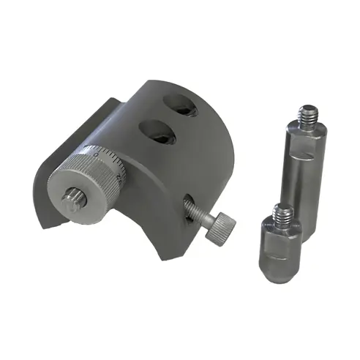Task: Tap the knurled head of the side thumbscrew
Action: [221, 226]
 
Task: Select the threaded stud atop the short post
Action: [282, 214]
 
